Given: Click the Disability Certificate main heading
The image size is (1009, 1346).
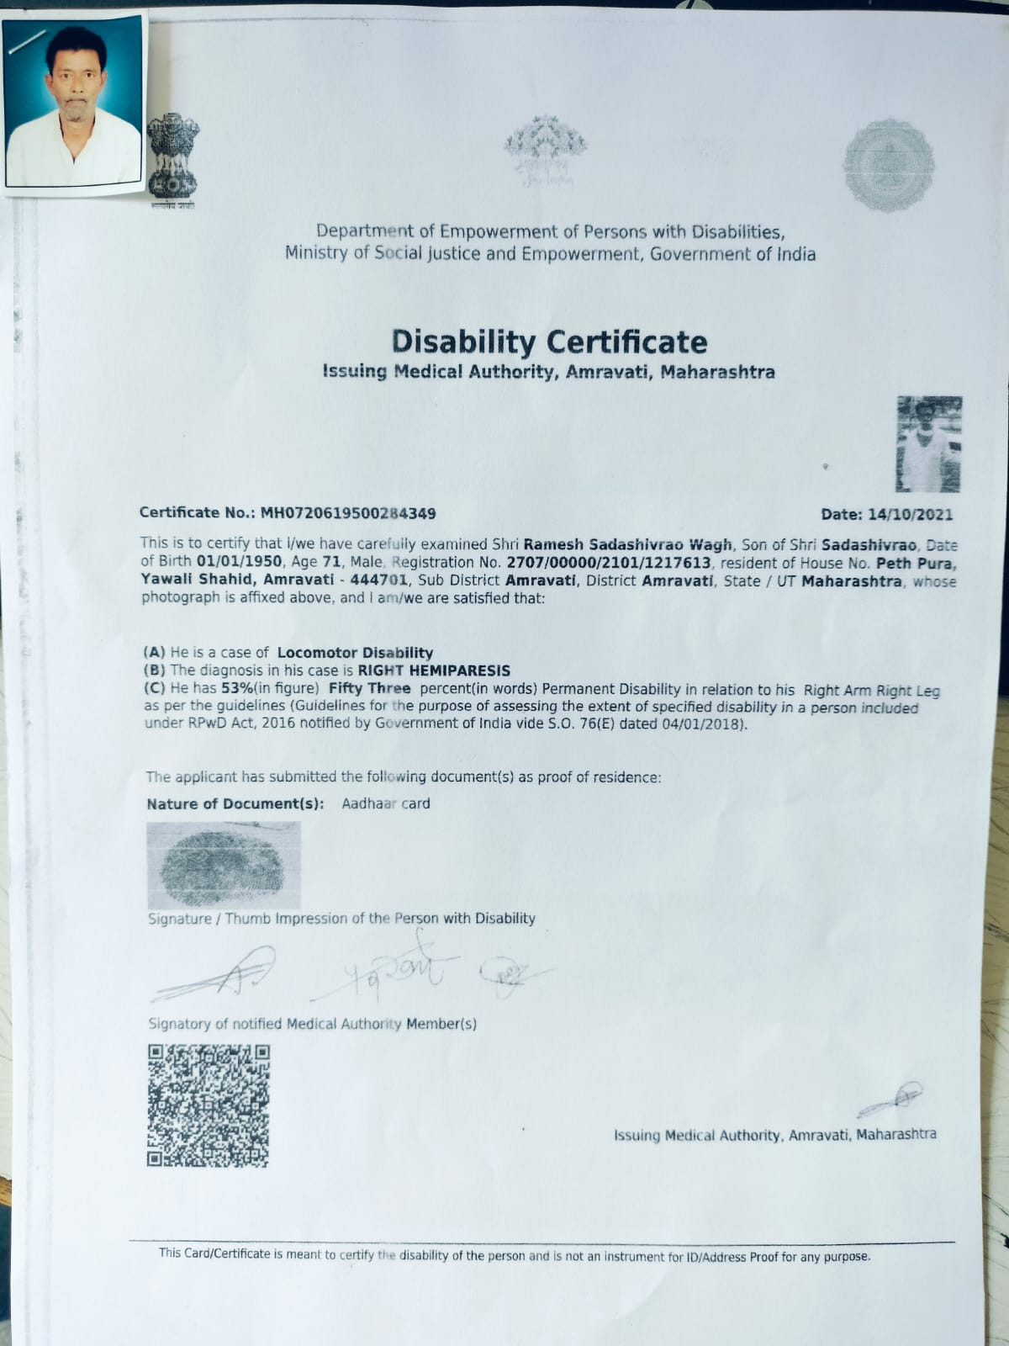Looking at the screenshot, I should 549,342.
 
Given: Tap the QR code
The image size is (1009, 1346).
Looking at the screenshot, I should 209,1105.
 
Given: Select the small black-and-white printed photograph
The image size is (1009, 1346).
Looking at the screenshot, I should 928,443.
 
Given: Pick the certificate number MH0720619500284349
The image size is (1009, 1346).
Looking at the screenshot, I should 348,513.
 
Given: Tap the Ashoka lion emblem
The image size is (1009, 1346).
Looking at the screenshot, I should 173,157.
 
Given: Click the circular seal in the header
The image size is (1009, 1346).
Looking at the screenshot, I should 889,165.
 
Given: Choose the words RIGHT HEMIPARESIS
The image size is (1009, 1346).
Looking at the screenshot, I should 434,670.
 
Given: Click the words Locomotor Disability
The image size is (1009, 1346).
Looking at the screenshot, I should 355,653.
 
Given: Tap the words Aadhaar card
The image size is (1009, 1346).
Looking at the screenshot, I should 386,803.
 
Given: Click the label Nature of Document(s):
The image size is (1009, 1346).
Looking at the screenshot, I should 235,804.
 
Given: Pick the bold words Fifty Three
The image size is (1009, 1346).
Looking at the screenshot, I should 369,689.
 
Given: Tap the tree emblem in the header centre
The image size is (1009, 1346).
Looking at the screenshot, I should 545,150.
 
